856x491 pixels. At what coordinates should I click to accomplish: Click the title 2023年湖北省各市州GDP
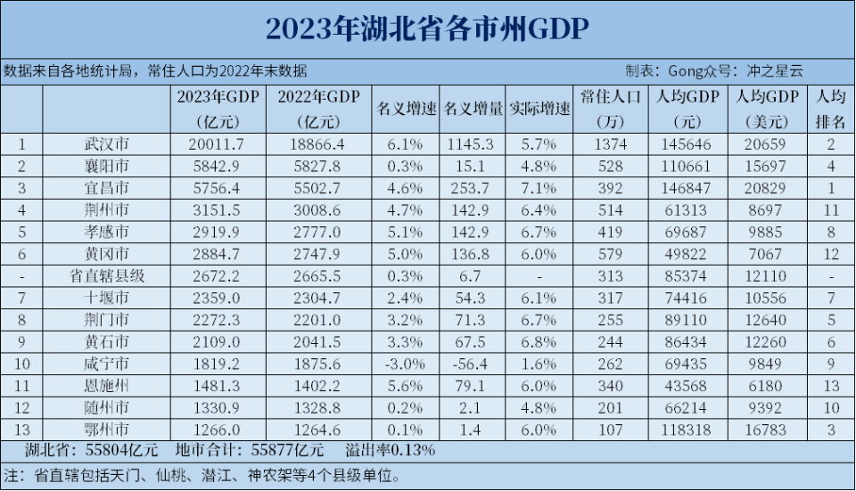[427, 29]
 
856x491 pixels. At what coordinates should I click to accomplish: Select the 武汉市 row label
[105, 143]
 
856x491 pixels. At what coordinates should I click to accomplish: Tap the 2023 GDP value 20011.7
[218, 143]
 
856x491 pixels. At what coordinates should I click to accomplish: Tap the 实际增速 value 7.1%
[539, 188]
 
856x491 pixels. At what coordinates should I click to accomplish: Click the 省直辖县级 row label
[105, 276]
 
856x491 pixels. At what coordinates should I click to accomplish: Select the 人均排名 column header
[830, 109]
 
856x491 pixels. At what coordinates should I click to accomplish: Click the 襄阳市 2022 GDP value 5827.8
[318, 166]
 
